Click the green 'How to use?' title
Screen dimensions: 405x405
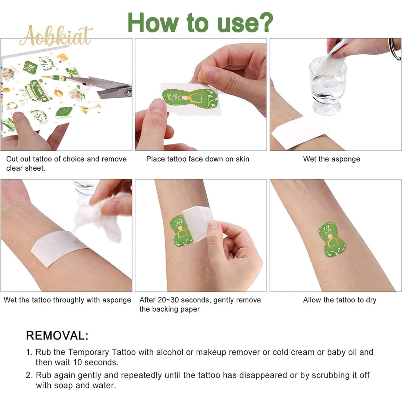tap(200, 23)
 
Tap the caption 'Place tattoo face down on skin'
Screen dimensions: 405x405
tap(198, 159)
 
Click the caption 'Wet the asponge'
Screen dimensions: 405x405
tap(332, 159)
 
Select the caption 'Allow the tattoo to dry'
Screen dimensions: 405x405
tap(339, 300)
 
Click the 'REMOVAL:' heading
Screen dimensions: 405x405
tap(57, 336)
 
